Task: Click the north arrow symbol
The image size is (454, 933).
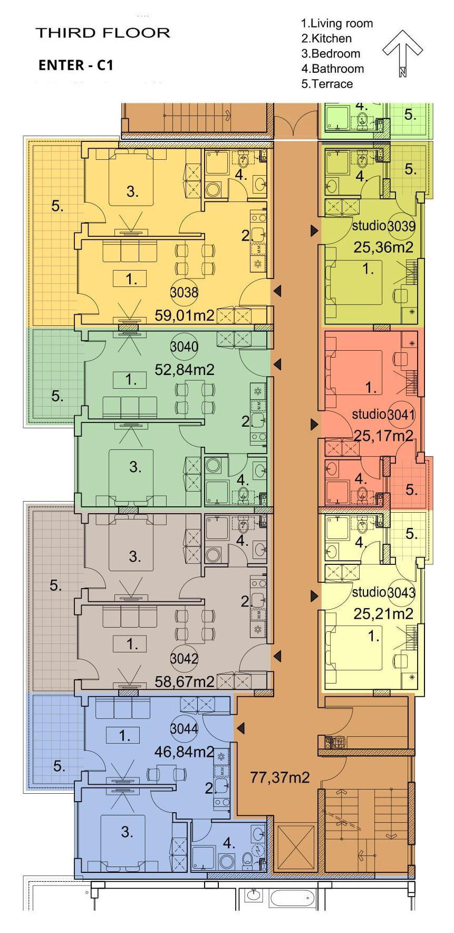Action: [x=402, y=52]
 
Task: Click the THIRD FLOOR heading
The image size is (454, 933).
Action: [x=103, y=33]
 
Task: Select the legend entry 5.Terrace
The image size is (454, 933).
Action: [x=327, y=84]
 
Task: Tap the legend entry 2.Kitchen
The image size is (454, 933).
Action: [x=326, y=39]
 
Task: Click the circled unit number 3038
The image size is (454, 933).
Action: [x=184, y=292]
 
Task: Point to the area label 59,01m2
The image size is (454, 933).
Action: [x=185, y=315]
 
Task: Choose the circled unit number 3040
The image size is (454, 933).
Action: [x=184, y=347]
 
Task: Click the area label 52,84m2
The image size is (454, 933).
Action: [x=185, y=370]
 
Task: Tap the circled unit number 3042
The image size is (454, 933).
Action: [x=184, y=658]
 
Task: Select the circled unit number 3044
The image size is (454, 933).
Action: [x=184, y=729]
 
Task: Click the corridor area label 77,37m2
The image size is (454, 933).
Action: [x=279, y=777]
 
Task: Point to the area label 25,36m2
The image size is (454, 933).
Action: [x=383, y=247]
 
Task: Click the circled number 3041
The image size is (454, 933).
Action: [x=401, y=415]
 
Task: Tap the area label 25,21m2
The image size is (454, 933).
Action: [x=383, y=613]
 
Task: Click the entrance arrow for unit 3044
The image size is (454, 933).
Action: [x=240, y=728]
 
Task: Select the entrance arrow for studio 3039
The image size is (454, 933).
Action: [x=315, y=230]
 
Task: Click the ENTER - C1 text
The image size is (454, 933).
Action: [x=76, y=65]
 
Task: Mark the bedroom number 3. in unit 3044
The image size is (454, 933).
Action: [x=127, y=832]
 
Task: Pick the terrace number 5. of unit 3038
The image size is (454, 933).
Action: [x=57, y=206]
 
